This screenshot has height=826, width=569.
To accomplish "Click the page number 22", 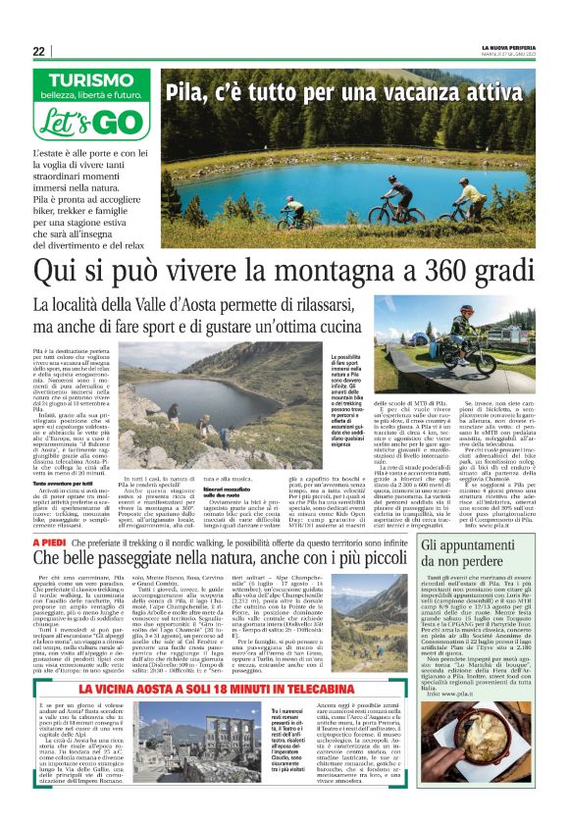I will (38, 51).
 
